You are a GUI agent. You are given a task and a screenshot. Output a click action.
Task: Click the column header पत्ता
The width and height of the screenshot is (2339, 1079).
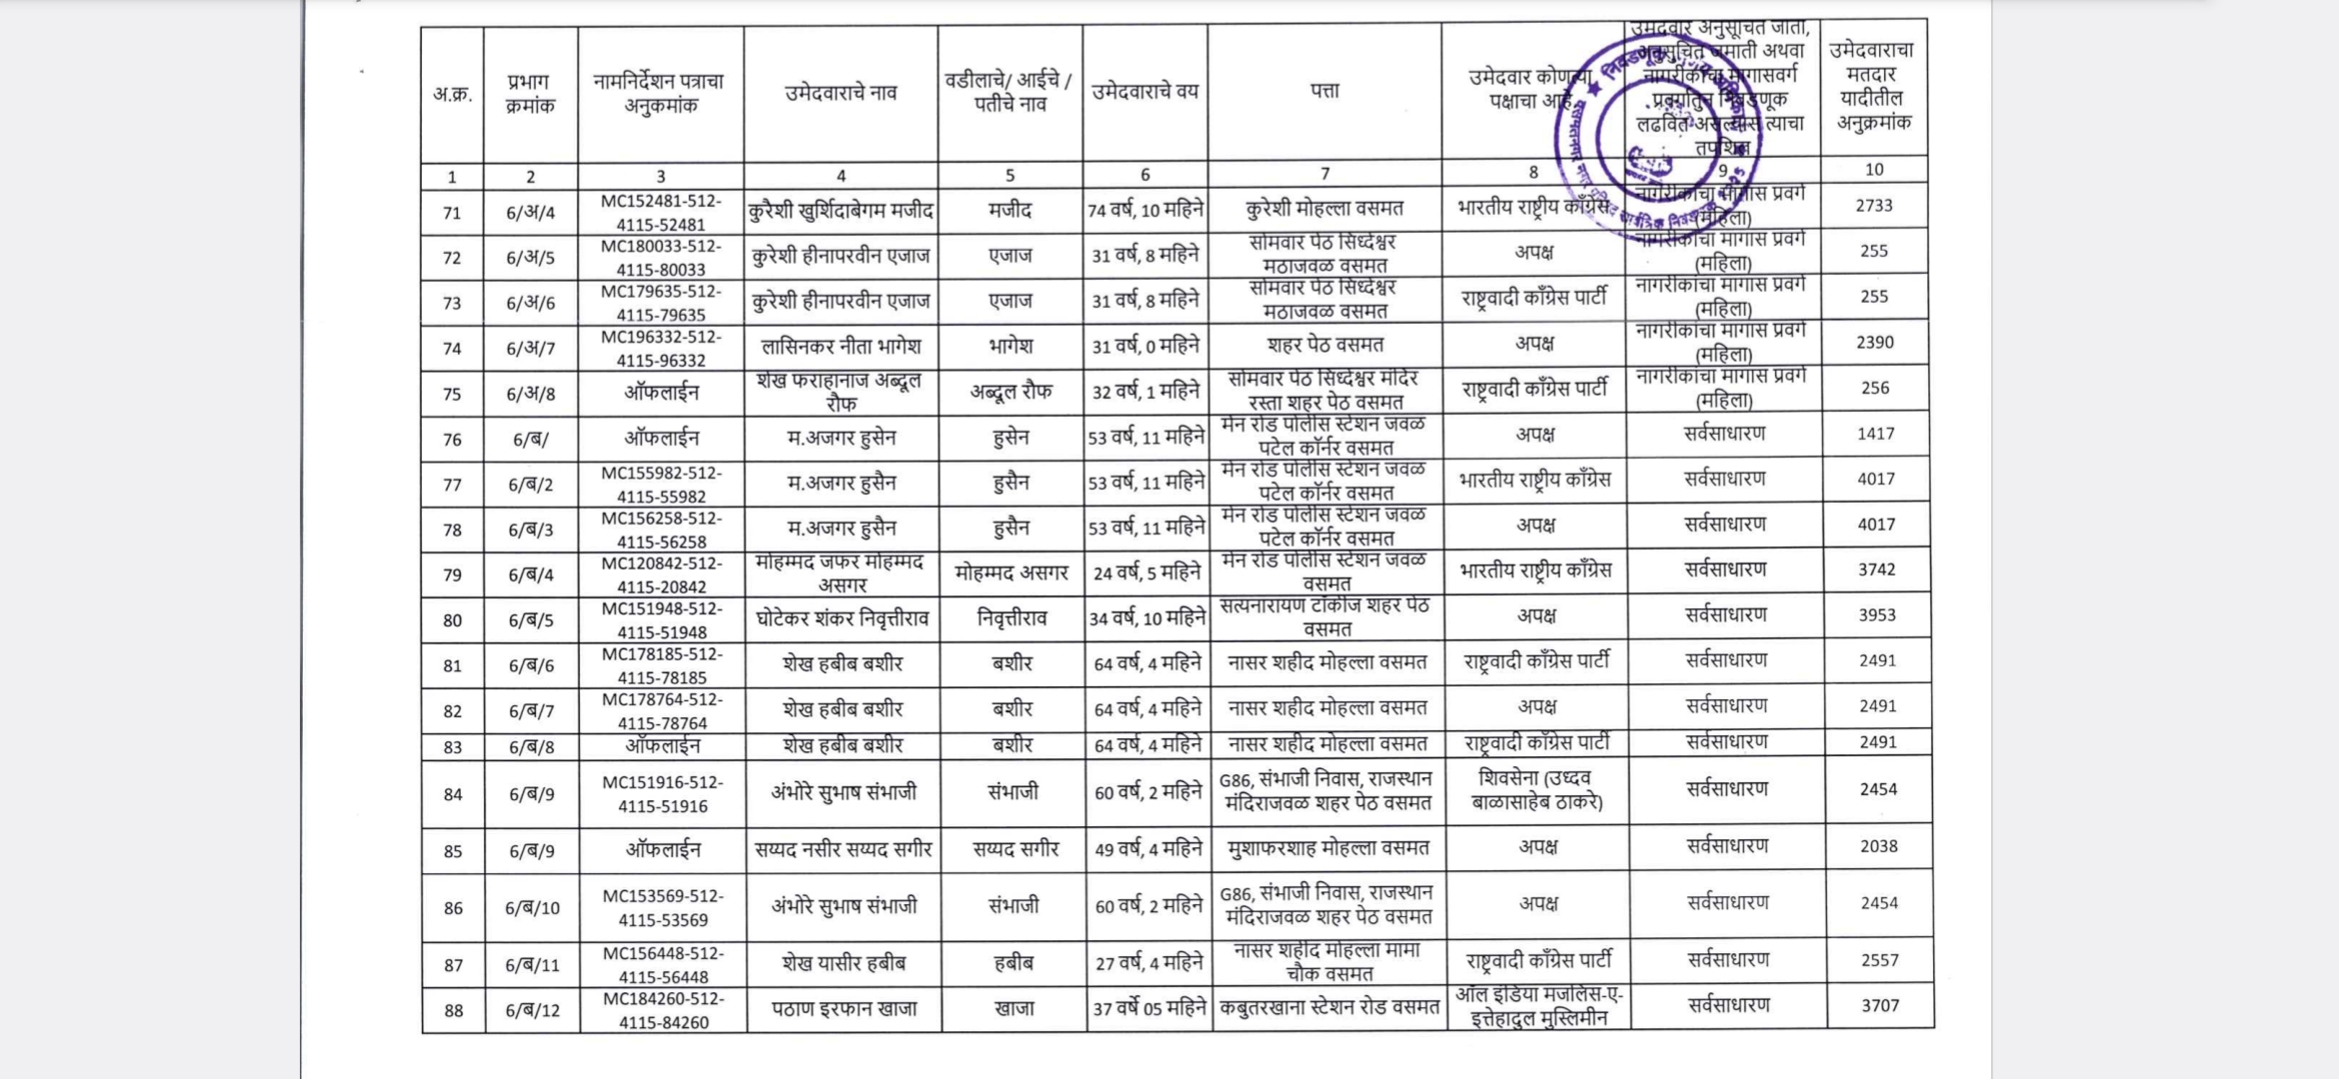pos(1324,91)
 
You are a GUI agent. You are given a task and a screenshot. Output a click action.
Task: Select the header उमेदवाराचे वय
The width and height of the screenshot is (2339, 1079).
pos(1145,92)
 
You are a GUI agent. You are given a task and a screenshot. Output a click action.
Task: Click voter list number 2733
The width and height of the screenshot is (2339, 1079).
pos(1873,206)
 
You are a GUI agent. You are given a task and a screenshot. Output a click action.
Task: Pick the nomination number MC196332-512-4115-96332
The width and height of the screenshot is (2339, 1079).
pos(661,349)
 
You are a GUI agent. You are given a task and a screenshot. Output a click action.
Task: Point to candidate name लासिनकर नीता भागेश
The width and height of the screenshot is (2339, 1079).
pos(841,347)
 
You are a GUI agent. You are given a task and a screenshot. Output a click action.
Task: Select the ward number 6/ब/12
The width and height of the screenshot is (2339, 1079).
pos(533,1010)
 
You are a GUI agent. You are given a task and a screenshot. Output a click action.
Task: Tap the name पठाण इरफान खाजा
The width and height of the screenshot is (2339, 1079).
pos(844,1009)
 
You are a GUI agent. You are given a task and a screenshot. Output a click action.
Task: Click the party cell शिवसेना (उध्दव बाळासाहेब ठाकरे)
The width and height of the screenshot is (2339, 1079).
pos(1537,789)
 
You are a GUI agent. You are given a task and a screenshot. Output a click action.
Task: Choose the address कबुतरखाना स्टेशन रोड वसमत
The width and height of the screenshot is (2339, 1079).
pos(1328,1008)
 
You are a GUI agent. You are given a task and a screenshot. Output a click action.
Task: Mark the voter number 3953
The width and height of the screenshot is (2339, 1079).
pos(1876,615)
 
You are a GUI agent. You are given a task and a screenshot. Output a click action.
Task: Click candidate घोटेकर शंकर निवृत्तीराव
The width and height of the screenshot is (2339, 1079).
pos(842,619)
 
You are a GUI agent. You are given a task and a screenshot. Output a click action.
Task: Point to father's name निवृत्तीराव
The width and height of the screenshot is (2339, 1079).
pos(1012,619)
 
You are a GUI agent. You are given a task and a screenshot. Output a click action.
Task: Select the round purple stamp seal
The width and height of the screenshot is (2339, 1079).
pos(1657,135)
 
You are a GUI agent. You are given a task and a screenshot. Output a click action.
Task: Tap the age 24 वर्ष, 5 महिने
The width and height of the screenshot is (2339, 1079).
pos(1147,572)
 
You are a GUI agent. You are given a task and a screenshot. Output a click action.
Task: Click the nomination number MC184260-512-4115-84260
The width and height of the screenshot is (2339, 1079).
pos(663,1010)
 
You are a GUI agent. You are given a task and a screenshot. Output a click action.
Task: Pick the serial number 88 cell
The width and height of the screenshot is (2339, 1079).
pos(454,1011)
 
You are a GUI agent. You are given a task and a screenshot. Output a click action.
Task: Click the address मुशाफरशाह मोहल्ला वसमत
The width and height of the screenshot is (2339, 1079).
pos(1328,848)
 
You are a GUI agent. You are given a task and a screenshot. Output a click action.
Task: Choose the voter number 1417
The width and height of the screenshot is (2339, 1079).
pos(1875,434)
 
